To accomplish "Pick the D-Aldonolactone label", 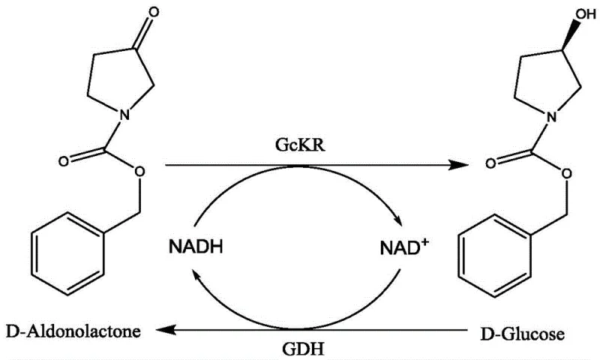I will click(x=72, y=330).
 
